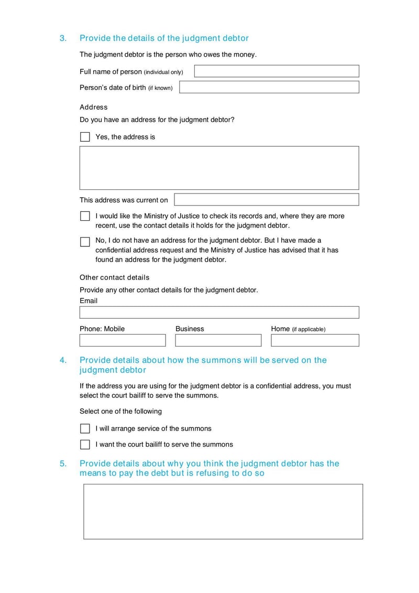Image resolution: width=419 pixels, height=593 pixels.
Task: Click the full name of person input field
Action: [x=277, y=71]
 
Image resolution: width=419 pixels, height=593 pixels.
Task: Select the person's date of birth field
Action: [x=269, y=87]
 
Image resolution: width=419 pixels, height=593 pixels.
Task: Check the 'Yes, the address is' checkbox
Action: [x=85, y=137]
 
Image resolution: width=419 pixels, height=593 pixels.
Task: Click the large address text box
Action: [x=219, y=168]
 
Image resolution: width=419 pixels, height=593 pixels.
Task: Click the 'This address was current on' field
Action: [x=266, y=200]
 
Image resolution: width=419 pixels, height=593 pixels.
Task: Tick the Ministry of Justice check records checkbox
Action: [x=85, y=216]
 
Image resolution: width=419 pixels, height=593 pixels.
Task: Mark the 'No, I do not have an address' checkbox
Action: [x=85, y=242]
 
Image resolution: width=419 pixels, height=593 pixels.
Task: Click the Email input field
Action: [x=219, y=312]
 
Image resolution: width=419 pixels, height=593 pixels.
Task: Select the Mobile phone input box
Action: [x=123, y=340]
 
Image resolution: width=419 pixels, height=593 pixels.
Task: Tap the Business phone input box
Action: [x=218, y=340]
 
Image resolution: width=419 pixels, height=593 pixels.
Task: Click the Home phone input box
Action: [x=315, y=340]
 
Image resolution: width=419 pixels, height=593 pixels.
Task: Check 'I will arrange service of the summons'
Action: [x=85, y=428]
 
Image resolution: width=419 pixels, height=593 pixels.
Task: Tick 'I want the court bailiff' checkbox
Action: [x=85, y=445]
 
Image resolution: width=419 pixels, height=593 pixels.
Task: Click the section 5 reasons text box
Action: [x=223, y=511]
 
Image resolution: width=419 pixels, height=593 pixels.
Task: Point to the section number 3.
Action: [x=63, y=38]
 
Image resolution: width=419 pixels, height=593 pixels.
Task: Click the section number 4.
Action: [x=63, y=360]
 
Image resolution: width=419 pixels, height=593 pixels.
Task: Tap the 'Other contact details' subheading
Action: [x=114, y=277]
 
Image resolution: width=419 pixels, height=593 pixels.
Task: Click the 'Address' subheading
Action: [x=93, y=107]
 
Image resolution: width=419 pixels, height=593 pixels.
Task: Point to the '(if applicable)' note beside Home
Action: [x=308, y=329]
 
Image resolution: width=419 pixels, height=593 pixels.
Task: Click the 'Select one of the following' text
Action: [x=120, y=411]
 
